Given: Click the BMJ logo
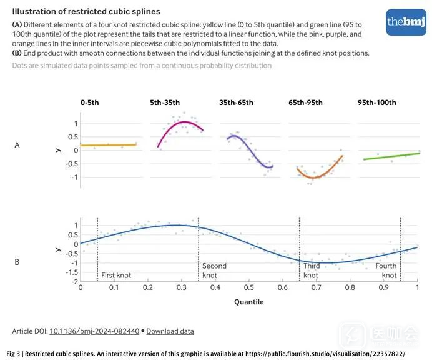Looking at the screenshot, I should pyautogui.click(x=406, y=22).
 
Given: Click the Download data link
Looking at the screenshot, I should pyautogui.click(x=170, y=331).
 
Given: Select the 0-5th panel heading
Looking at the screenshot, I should pyautogui.click(x=90, y=102).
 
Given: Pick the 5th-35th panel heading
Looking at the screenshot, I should pyautogui.click(x=165, y=102).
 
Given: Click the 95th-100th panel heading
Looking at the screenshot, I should pyautogui.click(x=376, y=102).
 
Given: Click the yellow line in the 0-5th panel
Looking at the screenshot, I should pyautogui.click(x=110, y=145).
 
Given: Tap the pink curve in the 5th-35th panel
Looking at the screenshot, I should pyautogui.click(x=181, y=122).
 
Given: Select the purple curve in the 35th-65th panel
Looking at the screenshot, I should pyautogui.click(x=250, y=149).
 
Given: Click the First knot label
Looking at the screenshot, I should pyautogui.click(x=116, y=275).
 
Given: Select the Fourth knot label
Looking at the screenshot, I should pyautogui.click(x=386, y=271).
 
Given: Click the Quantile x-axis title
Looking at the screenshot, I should pyautogui.click(x=248, y=302).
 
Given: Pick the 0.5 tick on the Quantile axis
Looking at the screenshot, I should pyautogui.click(x=248, y=287).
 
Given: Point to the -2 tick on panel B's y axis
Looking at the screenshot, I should pyautogui.click(x=74, y=282).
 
